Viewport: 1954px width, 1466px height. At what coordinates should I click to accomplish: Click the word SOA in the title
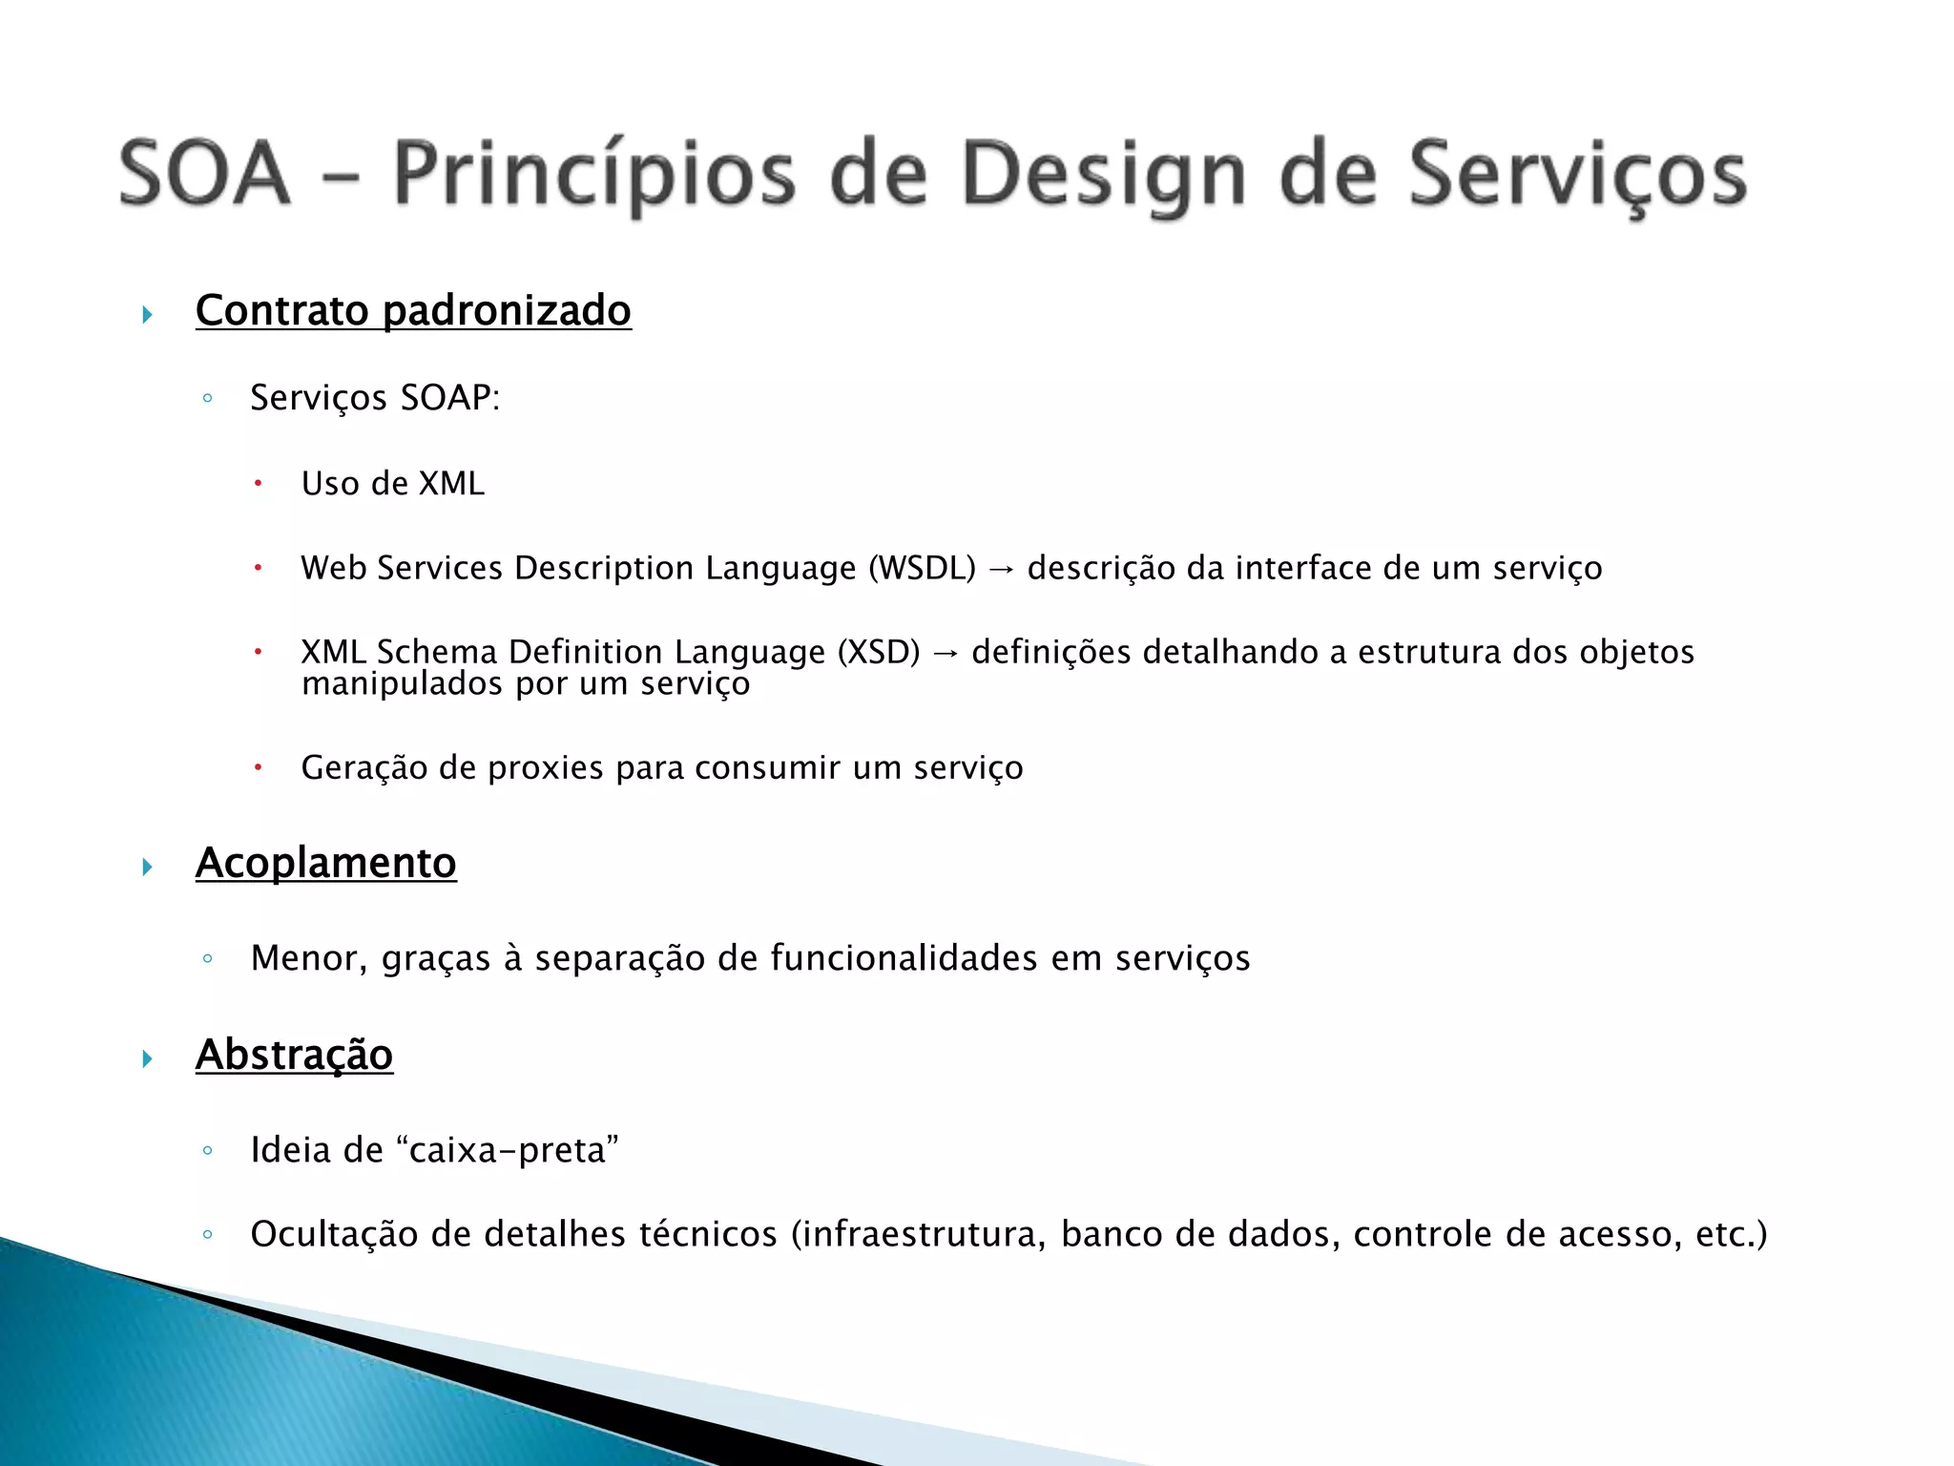coord(204,174)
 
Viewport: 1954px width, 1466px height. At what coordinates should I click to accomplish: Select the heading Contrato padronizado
coord(412,311)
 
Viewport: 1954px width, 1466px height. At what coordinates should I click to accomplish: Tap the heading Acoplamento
coord(325,864)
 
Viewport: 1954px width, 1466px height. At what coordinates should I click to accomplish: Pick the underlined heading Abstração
coord(294,1056)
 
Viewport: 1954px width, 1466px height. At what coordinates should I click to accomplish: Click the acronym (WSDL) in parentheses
coord(922,569)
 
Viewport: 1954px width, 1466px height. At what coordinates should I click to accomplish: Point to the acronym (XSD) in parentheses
coord(878,653)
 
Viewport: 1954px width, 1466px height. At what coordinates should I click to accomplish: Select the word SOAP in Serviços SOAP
coord(449,398)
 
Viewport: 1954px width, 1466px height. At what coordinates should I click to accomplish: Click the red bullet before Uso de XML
coord(257,484)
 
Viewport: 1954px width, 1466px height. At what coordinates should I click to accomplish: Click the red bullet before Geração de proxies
coord(257,767)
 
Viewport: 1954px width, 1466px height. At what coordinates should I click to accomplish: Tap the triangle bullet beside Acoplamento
coord(147,867)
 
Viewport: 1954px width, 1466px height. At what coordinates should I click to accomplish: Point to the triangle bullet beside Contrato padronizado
coord(147,314)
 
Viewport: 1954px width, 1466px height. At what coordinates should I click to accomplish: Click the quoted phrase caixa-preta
coord(513,1150)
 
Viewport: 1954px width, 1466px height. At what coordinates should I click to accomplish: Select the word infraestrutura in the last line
coord(923,1235)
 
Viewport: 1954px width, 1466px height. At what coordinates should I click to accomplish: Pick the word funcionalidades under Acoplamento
coord(904,958)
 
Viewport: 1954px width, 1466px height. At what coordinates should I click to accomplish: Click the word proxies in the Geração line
coord(545,768)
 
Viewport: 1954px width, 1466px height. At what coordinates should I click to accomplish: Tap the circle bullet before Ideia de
coord(207,1151)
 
